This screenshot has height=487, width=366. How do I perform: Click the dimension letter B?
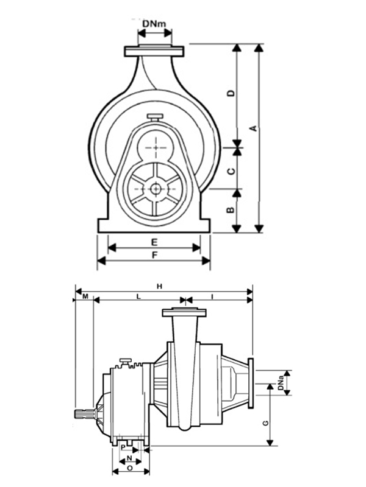[231, 210]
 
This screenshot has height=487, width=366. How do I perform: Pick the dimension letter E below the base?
[154, 242]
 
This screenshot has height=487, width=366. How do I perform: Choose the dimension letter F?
[154, 255]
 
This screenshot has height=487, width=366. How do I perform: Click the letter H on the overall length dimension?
[159, 286]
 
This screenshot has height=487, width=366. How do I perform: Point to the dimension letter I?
[212, 296]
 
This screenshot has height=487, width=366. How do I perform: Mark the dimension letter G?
[264, 422]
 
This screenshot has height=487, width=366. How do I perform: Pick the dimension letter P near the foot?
[123, 447]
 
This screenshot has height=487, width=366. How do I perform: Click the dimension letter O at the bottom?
[129, 468]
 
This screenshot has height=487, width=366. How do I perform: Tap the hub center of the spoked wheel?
[157, 189]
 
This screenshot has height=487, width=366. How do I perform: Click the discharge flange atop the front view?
[155, 51]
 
